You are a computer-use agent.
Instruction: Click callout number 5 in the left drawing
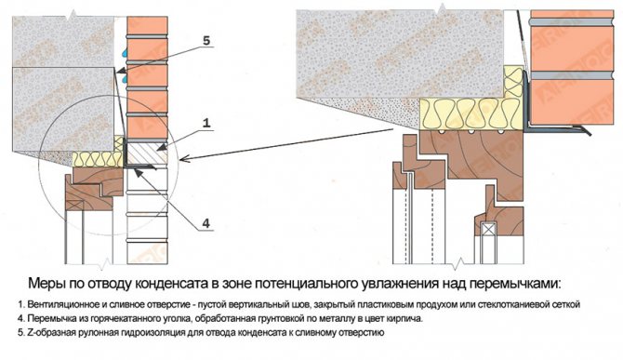click(x=205, y=40)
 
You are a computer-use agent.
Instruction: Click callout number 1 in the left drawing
click(x=205, y=123)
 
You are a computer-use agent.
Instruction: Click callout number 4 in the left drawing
click(x=205, y=223)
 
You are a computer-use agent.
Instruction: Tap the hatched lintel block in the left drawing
click(x=146, y=153)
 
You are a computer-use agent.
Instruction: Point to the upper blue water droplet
click(x=126, y=52)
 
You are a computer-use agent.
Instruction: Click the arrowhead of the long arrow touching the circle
click(x=183, y=159)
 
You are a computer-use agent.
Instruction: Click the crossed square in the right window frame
click(x=488, y=229)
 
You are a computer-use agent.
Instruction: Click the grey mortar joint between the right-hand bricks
click(x=572, y=75)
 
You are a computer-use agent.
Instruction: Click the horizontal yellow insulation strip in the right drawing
click(x=471, y=113)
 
